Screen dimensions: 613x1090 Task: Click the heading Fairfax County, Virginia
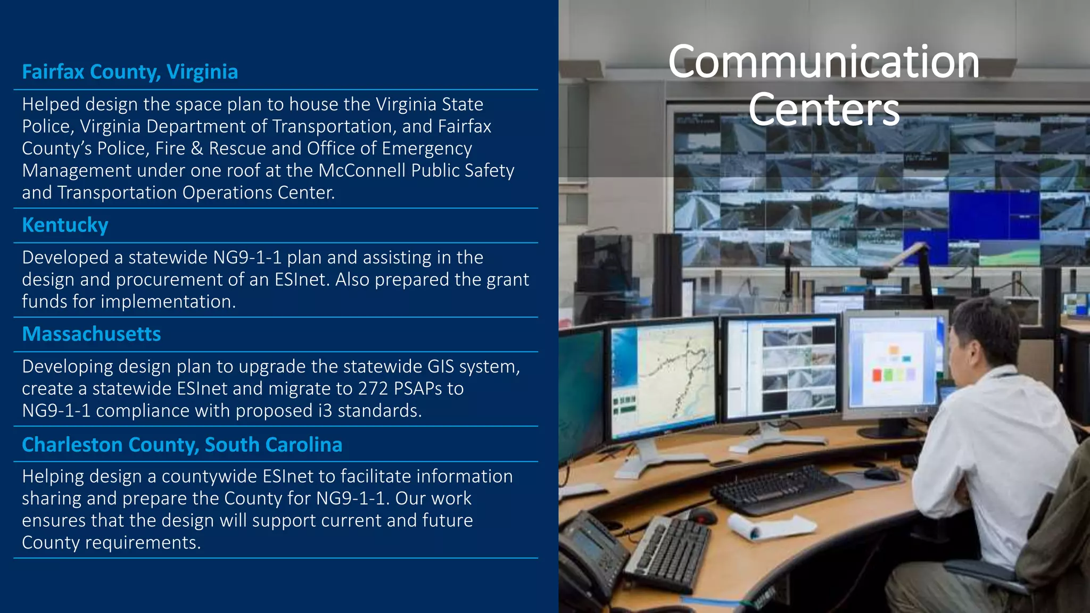click(130, 72)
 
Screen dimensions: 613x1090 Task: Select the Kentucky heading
click(65, 225)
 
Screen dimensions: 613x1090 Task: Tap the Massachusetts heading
click(92, 334)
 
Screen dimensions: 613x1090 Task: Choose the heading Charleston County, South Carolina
click(182, 445)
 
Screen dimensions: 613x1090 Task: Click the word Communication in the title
click(823, 62)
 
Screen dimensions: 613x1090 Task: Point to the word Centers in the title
click(823, 109)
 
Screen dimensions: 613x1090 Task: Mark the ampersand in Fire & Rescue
click(197, 148)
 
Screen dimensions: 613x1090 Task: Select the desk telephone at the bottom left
click(591, 553)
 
